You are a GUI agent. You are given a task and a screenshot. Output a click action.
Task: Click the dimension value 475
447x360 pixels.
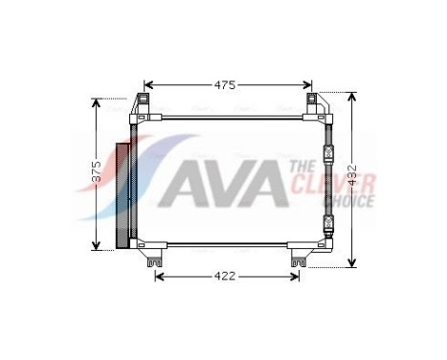tap(225, 84)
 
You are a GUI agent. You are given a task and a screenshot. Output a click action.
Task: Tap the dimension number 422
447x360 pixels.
tap(225, 278)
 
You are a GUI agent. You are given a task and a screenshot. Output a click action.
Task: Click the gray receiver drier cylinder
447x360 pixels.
tap(121, 194)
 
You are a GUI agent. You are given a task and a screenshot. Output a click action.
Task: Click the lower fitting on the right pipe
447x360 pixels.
tap(328, 226)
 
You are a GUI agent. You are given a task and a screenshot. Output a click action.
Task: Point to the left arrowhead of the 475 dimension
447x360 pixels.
tap(145, 85)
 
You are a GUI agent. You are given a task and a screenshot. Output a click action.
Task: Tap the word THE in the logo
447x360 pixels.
tap(299, 169)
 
